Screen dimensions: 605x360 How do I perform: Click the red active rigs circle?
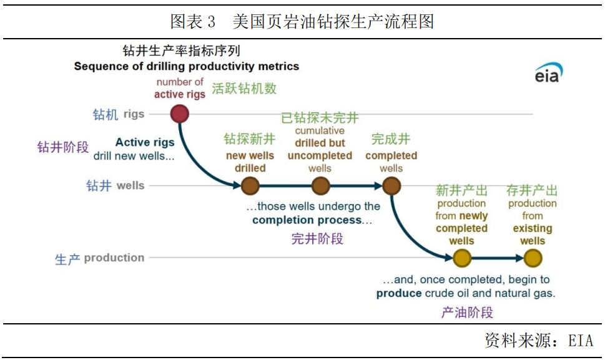(179, 114)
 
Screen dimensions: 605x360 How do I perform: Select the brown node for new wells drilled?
(250, 186)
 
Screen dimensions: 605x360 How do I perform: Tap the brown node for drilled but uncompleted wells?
(321, 186)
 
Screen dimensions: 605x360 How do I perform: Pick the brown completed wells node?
(391, 186)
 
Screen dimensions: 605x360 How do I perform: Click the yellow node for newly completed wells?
(462, 258)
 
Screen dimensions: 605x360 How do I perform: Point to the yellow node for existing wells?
(533, 258)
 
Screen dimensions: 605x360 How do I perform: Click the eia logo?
(549, 72)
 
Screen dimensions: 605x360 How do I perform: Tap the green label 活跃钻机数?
(244, 88)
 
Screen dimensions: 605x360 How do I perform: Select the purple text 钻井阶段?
(63, 147)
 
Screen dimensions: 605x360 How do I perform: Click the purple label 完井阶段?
(317, 238)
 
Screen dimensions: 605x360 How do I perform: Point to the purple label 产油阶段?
(467, 312)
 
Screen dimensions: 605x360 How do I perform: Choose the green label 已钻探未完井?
(320, 117)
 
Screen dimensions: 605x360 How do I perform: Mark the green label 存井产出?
(532, 190)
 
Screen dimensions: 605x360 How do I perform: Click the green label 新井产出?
(461, 190)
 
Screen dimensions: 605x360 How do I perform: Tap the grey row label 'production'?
(114, 258)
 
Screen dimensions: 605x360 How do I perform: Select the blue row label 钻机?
(106, 114)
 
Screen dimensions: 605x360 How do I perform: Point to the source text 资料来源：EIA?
(539, 340)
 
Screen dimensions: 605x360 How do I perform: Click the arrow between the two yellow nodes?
(498, 258)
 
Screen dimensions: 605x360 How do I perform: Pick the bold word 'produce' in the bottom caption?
(399, 293)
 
